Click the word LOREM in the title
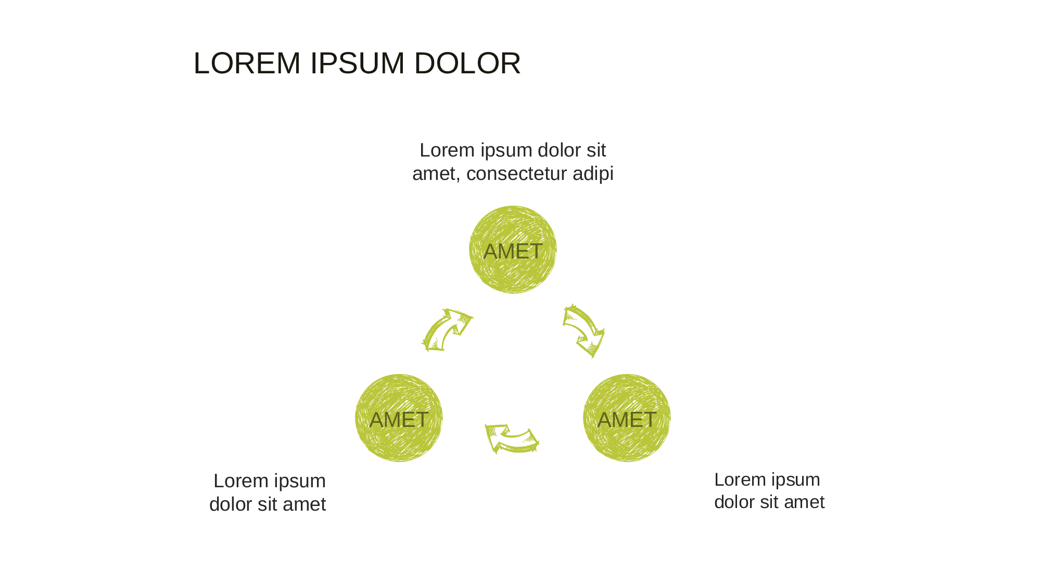point(247,63)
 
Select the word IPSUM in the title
point(357,63)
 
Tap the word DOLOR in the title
point(467,63)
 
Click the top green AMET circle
point(513,250)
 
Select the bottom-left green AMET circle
point(399,418)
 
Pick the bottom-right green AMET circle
point(627,418)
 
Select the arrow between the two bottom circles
point(512,438)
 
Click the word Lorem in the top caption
point(447,150)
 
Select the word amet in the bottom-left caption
point(304,504)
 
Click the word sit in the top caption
point(596,150)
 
